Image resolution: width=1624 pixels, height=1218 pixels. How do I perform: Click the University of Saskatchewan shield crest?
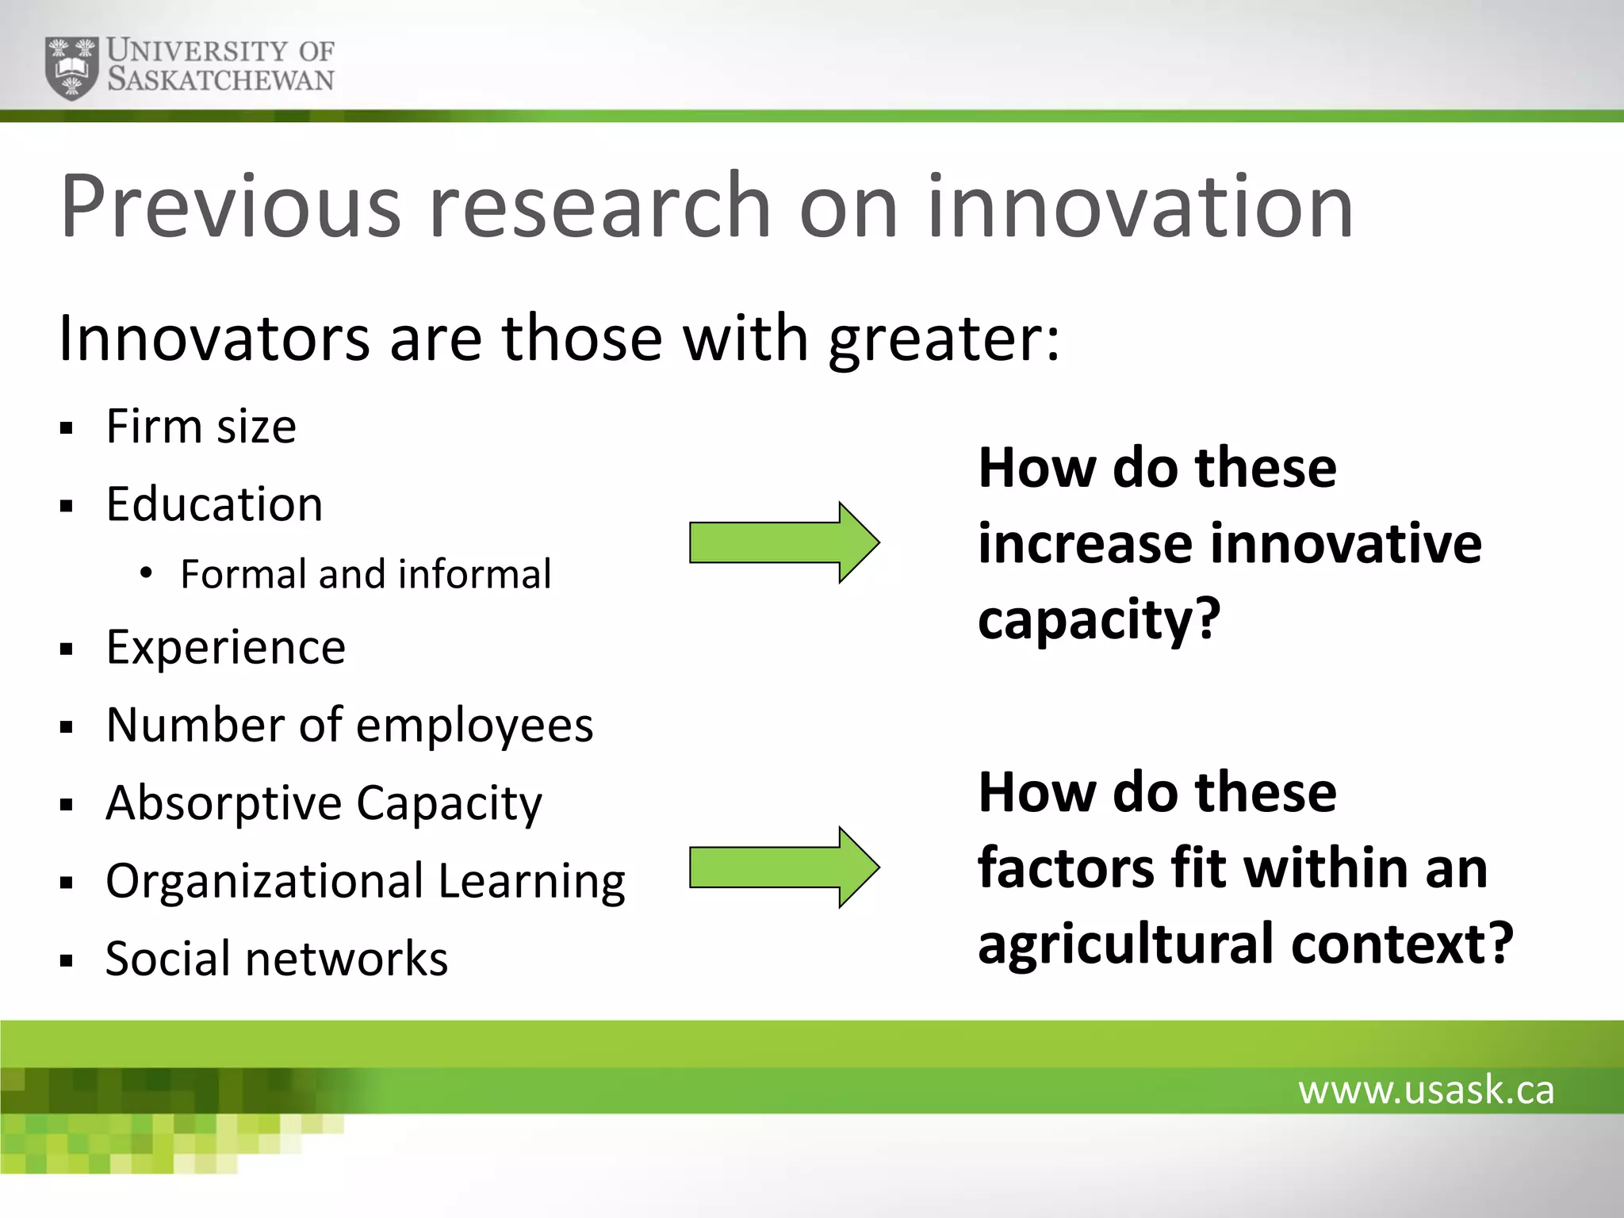coord(72,67)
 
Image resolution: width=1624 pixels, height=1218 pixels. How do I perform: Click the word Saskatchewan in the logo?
coord(220,80)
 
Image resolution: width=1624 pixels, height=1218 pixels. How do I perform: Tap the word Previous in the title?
coord(231,207)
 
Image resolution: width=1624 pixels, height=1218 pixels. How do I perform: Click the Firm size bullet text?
coord(201,427)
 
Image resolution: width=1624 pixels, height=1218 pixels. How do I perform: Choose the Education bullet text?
coord(214,504)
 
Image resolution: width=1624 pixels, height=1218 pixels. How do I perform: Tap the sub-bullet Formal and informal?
coord(365,574)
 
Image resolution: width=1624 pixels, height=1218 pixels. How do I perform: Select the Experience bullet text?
coord(225,647)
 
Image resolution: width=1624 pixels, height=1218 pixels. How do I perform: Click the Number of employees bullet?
coord(349,725)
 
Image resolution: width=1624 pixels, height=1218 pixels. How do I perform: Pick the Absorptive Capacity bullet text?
coord(324,803)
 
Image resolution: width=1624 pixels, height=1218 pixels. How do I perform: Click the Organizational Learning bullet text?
coord(365,881)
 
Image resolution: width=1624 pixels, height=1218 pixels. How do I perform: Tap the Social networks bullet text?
coord(276,959)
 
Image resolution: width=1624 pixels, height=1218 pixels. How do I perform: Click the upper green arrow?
coord(783,543)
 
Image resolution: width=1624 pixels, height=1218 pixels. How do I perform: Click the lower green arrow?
coord(783,868)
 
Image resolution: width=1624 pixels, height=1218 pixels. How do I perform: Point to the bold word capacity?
coord(1099,620)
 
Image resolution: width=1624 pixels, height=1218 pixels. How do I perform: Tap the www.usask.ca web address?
coord(1426,1090)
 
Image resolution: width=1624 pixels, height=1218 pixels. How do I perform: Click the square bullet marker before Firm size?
coord(66,430)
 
